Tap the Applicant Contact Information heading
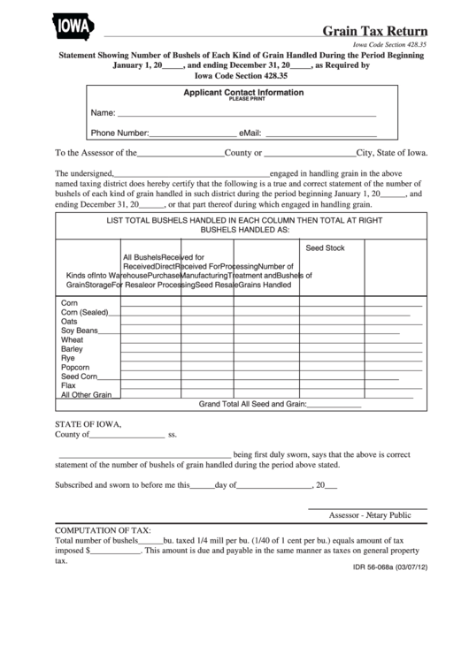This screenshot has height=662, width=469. click(x=243, y=93)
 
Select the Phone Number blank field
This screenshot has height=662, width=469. click(x=192, y=134)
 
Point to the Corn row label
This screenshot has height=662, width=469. click(x=69, y=302)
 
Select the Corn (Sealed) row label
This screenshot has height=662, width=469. click(x=84, y=312)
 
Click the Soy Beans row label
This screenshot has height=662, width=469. click(x=79, y=331)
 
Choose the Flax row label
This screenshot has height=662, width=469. click(x=68, y=385)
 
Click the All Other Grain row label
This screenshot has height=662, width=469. click(x=85, y=395)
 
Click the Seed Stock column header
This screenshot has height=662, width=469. click(x=325, y=248)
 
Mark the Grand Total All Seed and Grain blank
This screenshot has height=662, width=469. click(x=334, y=406)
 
